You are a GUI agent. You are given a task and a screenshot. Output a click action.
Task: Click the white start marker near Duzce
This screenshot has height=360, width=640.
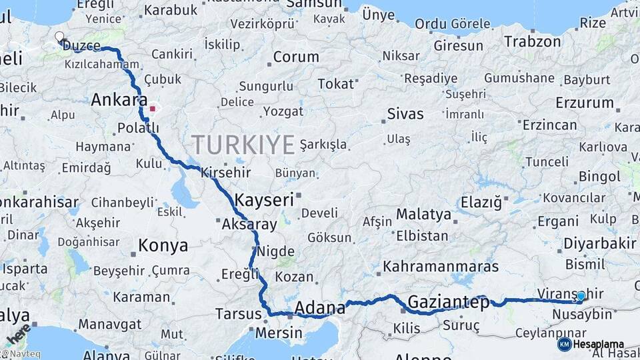[x=59, y=37]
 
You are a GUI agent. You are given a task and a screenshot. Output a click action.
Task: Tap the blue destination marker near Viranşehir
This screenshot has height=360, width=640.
[x=581, y=296]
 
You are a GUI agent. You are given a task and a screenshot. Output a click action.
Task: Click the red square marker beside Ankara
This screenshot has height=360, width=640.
[x=153, y=108]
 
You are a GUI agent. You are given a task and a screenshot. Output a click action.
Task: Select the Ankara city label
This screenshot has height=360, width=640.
[x=119, y=101]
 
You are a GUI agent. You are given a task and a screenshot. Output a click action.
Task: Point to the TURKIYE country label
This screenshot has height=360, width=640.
[x=243, y=144]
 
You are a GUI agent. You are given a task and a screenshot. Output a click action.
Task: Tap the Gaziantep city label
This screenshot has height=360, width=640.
[x=448, y=302]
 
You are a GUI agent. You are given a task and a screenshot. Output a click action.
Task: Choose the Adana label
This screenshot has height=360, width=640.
[x=320, y=308]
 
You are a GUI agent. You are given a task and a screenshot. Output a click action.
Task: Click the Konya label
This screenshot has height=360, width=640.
[x=163, y=246]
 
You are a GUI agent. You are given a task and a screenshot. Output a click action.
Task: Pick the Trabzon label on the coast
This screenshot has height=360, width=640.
[x=533, y=41]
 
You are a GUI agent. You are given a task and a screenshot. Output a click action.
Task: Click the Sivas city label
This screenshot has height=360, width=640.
[x=406, y=113]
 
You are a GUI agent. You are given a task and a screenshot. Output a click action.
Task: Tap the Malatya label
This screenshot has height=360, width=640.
[x=423, y=215]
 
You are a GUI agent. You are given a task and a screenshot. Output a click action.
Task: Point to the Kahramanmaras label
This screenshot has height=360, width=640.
[x=441, y=267]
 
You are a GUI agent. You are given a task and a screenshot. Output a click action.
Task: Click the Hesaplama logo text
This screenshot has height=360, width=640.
[x=598, y=344]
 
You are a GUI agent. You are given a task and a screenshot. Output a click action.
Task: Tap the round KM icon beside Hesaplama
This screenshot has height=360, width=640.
[x=564, y=344]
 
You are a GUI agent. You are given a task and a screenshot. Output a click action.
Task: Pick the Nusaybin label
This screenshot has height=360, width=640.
[x=581, y=314]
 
